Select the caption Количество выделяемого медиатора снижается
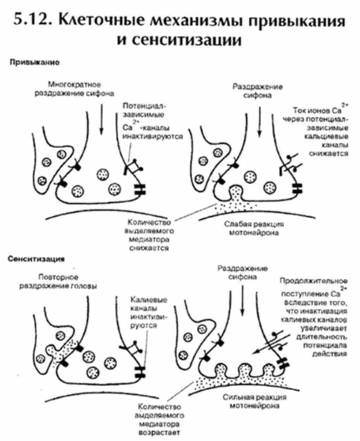tap(148, 235)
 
